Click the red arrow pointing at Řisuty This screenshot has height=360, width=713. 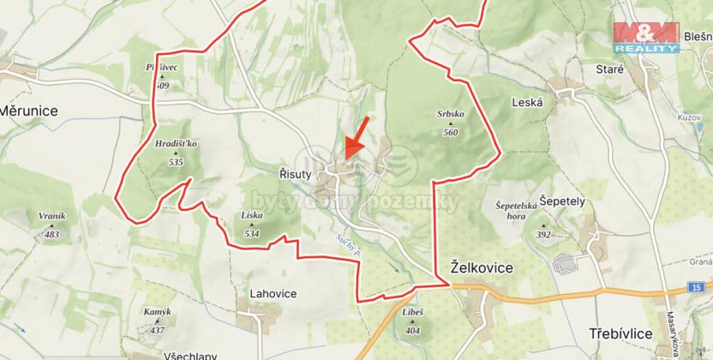pyautogui.click(x=357, y=136)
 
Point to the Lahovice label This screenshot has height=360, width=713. pyautogui.click(x=273, y=293)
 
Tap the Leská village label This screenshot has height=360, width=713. pyautogui.click(x=527, y=101)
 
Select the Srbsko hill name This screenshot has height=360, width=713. pyautogui.click(x=450, y=115)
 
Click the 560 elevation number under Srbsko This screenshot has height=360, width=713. pyautogui.click(x=451, y=132)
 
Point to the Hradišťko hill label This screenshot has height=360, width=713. pyautogui.click(x=177, y=143)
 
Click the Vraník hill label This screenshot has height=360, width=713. pyautogui.click(x=52, y=217)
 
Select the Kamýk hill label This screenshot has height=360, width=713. pyautogui.click(x=158, y=314)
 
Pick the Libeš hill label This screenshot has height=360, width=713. pyautogui.click(x=412, y=313)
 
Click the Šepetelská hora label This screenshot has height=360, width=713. pyautogui.click(x=516, y=211)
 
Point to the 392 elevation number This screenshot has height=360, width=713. pyautogui.click(x=543, y=234)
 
